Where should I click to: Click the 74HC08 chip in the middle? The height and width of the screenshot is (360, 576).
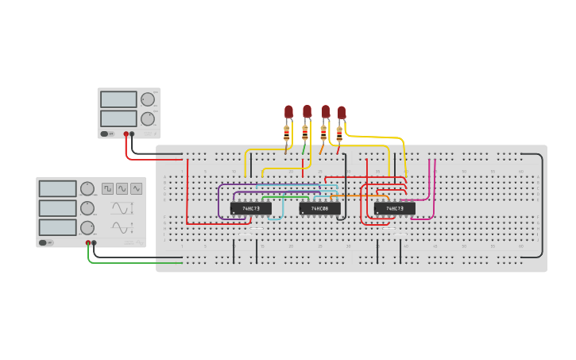(319, 208)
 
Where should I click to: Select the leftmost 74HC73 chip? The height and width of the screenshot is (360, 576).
(250, 208)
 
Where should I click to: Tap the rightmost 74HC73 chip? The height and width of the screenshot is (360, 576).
(394, 208)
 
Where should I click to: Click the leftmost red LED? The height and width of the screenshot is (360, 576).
(288, 112)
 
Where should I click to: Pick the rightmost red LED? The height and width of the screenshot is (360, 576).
(342, 112)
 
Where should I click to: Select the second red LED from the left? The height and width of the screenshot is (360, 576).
(307, 110)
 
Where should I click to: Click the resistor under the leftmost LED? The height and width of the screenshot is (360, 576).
(287, 134)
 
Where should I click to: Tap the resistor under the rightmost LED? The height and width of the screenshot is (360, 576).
(339, 134)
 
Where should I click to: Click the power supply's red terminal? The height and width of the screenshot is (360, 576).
(126, 134)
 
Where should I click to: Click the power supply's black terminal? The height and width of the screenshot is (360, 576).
(133, 134)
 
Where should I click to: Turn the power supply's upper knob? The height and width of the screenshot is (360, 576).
(148, 99)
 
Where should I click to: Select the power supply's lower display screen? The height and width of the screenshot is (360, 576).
(118, 118)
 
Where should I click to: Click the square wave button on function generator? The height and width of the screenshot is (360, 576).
(107, 188)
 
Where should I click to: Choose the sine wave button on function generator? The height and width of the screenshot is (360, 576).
(122, 188)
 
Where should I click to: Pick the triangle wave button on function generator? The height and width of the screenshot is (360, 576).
(137, 188)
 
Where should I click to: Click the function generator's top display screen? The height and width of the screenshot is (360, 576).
(57, 188)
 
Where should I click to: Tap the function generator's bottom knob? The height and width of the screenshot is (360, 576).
(87, 227)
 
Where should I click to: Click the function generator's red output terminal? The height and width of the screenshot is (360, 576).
(88, 242)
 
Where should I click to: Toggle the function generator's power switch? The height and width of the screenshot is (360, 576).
(48, 242)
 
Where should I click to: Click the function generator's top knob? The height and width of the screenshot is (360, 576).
(87, 188)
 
